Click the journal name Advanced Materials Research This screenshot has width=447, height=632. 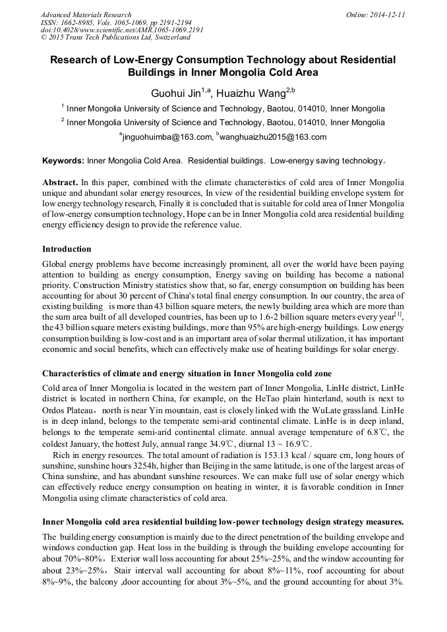[x=86, y=14]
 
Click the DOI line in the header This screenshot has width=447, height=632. [x=122, y=30]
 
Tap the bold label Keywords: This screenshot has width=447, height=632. [x=63, y=161]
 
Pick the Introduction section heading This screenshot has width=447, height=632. [x=67, y=249]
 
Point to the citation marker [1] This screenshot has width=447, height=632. [x=398, y=316]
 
